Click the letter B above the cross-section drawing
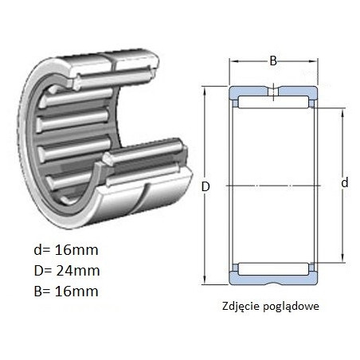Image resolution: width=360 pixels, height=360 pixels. pos(273,61)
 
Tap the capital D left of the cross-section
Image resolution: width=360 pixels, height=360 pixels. pos(205,187)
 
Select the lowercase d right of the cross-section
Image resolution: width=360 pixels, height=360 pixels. pos(345,182)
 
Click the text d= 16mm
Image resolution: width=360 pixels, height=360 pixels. pos(66,250)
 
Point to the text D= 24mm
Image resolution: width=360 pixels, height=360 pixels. pos(67,271)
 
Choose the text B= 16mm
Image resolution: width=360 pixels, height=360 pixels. pos(66,292)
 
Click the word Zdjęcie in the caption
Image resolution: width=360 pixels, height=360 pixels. pos(241,306)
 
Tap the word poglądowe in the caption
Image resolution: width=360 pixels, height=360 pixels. pos(291,307)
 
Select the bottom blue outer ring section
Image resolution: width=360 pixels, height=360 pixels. pos(273,280)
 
